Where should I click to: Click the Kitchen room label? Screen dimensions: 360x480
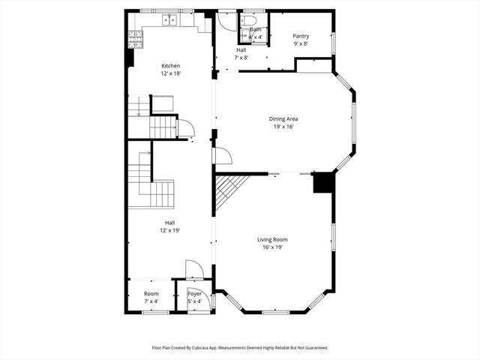[x=170, y=66]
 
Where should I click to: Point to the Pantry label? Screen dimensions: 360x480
[x=301, y=36]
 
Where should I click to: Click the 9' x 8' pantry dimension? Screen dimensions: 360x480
[x=301, y=43]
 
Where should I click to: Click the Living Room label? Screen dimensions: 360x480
[x=272, y=239]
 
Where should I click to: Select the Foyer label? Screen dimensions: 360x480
[x=194, y=294]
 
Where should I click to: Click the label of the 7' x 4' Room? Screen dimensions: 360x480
[x=151, y=294]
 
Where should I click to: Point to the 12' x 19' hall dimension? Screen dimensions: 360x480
[x=170, y=230]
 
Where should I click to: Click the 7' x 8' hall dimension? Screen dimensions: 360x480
[x=241, y=57]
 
